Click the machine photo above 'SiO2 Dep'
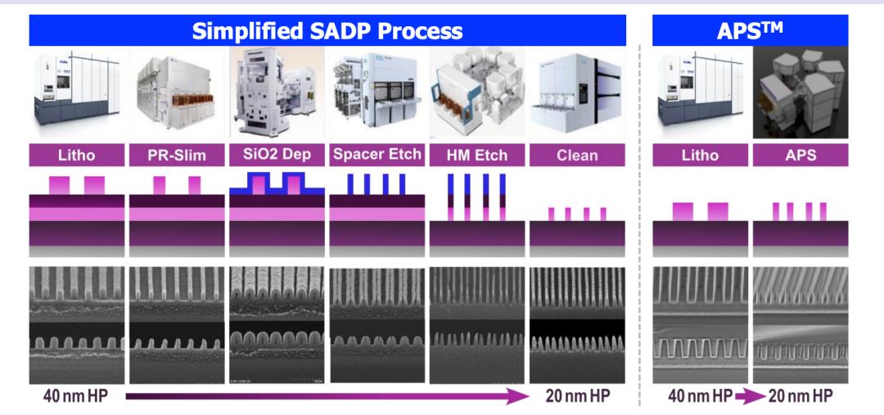277,92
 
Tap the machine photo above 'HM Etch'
477,92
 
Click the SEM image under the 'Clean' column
578,324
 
